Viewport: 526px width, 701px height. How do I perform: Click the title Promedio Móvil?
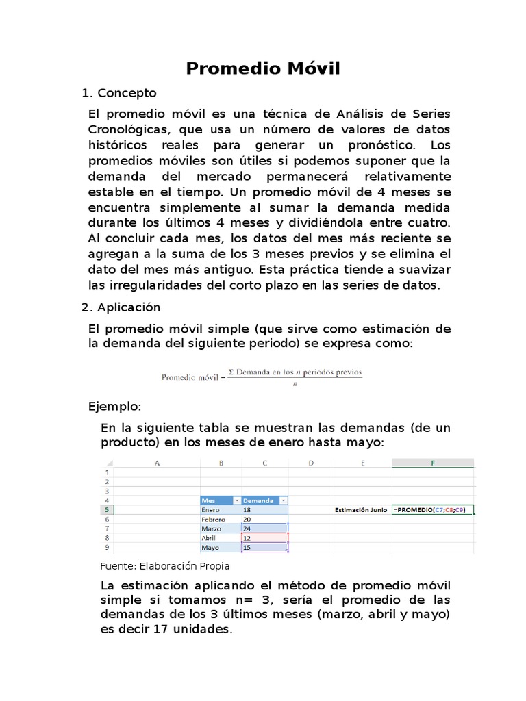coord(263,68)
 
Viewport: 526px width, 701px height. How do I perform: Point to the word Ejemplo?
coord(114,407)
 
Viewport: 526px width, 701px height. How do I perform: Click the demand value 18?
coord(247,510)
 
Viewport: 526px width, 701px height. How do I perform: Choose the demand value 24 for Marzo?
coord(247,529)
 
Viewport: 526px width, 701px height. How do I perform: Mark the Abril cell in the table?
coord(209,539)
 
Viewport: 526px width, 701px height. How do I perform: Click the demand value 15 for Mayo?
coord(247,548)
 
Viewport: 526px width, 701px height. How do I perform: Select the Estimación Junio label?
coord(361,510)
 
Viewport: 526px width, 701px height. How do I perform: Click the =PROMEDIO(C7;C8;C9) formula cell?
coord(433,510)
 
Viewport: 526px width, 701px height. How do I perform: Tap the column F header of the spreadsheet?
coord(433,463)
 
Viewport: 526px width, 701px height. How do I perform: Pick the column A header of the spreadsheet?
coord(157,463)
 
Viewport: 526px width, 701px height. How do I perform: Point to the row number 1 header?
coord(106,472)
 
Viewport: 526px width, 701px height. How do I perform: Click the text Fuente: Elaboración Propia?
coord(164,566)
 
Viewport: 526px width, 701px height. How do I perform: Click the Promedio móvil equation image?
coord(262,377)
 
